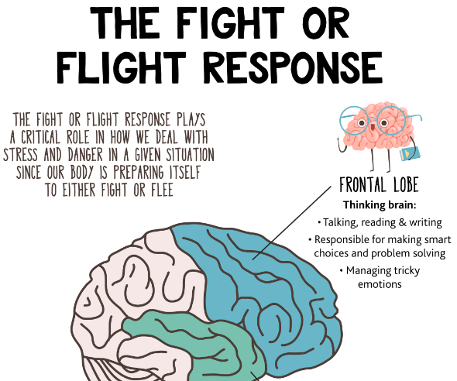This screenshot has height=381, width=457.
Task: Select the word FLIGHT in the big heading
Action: coord(122,67)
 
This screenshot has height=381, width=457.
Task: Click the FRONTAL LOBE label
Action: coord(380,184)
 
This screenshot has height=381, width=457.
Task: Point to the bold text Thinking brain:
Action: coord(380,205)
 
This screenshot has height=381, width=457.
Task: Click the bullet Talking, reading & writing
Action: coord(380,222)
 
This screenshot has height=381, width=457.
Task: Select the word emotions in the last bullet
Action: coord(380,284)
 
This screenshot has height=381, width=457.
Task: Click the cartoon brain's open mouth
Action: coord(373,127)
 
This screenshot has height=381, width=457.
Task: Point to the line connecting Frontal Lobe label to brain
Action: coord(292,222)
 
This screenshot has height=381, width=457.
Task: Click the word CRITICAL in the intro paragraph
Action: coord(40,137)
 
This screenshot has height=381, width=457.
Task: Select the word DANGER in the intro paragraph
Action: coord(85,155)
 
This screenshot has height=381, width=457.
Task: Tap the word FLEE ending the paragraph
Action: coord(163,190)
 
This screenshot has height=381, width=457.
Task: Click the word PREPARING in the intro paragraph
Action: coord(139,173)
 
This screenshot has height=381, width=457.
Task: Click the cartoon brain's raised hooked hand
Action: coord(340,145)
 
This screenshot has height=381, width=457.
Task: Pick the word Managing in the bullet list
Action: coord(369,271)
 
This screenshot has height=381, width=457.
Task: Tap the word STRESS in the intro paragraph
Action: coord(21,155)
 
